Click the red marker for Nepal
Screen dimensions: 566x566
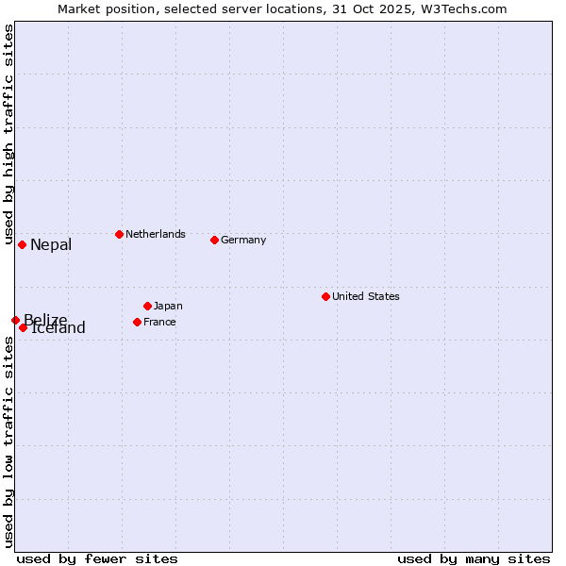tap(22, 244)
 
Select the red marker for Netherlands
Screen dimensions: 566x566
tap(119, 234)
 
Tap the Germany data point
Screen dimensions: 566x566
tap(214, 240)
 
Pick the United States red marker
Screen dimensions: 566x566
tap(325, 296)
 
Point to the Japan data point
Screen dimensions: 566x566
tap(147, 306)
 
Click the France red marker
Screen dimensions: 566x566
tap(137, 322)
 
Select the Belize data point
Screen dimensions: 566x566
tap(15, 320)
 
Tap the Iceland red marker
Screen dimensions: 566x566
tap(23, 327)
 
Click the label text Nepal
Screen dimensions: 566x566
tap(51, 245)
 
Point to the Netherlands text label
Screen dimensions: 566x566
tap(156, 234)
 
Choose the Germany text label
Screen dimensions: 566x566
tap(243, 240)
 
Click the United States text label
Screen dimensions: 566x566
tap(366, 296)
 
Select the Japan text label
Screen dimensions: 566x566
tap(168, 306)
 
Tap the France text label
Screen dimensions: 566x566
tap(159, 322)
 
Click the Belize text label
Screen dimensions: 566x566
tap(45, 319)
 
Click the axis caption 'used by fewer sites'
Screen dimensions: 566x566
tap(97, 558)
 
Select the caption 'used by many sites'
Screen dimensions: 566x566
tap(474, 558)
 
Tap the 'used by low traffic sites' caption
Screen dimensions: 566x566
tap(8, 441)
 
